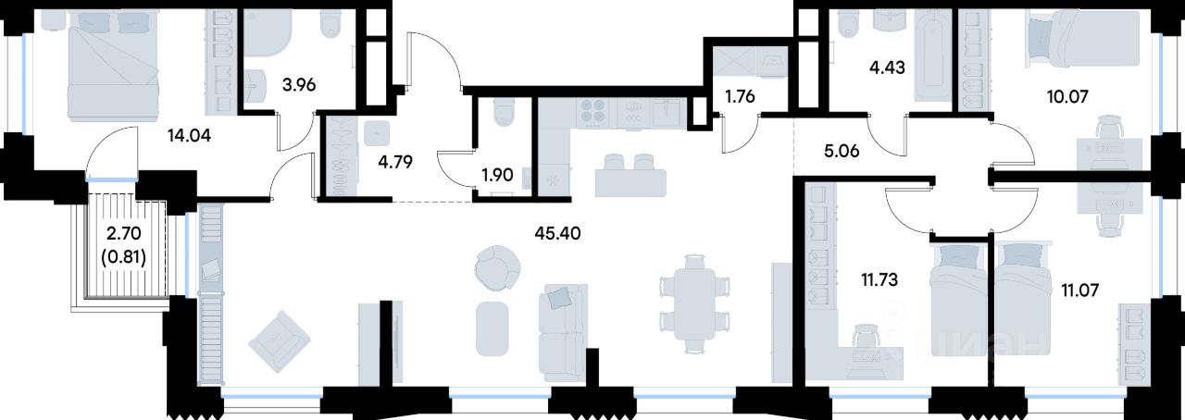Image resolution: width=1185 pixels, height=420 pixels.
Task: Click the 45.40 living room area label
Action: (x=557, y=233)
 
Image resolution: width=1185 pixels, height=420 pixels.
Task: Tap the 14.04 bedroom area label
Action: (x=190, y=136)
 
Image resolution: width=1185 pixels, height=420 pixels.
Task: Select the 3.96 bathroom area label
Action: (x=299, y=84)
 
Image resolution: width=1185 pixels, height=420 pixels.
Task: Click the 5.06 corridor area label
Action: (x=842, y=152)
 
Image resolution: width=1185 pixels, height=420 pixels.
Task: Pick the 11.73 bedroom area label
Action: (x=878, y=279)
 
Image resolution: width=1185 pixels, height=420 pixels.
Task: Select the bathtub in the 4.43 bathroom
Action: (x=934, y=56)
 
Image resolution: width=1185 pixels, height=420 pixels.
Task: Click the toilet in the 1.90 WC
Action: (x=505, y=116)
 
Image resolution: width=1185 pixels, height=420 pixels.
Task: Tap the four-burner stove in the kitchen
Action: (x=592, y=113)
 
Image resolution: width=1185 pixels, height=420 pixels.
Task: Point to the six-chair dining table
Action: (x=694, y=303)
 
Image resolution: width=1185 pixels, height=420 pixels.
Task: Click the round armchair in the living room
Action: (x=497, y=267)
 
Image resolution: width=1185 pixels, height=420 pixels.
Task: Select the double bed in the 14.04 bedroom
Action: (x=114, y=66)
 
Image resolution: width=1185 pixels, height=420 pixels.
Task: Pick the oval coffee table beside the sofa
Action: (x=492, y=328)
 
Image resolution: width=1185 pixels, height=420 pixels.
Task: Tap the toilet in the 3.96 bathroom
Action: (x=331, y=25)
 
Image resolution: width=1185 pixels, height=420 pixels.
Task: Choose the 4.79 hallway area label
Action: (x=395, y=162)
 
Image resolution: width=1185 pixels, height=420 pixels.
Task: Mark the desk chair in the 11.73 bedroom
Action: (x=867, y=336)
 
